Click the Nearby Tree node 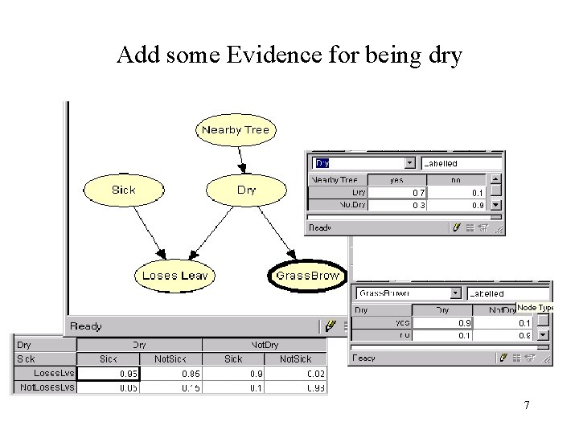tap(236, 130)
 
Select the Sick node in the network tap(123, 190)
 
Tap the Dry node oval tap(246, 190)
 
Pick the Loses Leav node tap(175, 276)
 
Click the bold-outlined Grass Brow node tap(307, 276)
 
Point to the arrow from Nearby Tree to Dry tap(240, 158)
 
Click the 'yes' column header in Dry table tap(397, 180)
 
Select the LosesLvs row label tap(53, 373)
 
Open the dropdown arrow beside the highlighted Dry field tap(410, 163)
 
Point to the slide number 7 tap(527, 405)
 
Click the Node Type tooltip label tap(535, 308)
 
